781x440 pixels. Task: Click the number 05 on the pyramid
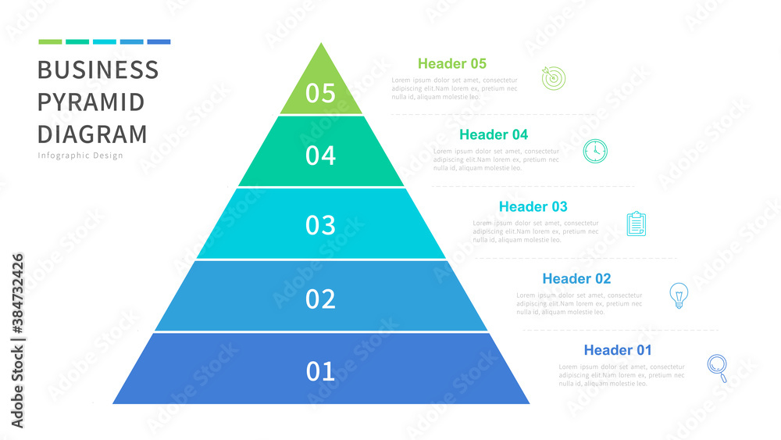(x=320, y=94)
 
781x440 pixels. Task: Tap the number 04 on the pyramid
(x=320, y=156)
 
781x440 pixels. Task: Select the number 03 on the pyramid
(x=320, y=226)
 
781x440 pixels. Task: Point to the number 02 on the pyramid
(x=320, y=299)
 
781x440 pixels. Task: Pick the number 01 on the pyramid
(x=320, y=371)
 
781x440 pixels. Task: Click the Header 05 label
(x=452, y=63)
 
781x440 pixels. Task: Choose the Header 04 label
(x=494, y=134)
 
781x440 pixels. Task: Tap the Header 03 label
(x=533, y=206)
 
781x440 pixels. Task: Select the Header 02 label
(x=576, y=278)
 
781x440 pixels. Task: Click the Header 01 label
(x=618, y=350)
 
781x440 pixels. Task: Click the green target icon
(x=554, y=77)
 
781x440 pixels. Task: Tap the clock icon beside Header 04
(x=595, y=150)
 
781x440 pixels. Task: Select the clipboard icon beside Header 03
(x=637, y=224)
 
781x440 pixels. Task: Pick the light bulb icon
(x=679, y=295)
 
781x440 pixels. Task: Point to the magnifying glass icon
(x=717, y=367)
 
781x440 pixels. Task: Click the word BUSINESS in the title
(x=98, y=70)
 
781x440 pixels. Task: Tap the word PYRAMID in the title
(x=91, y=102)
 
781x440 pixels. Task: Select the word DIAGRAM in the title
(x=92, y=134)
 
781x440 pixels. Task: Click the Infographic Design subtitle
(x=80, y=156)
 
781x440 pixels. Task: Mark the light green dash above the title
(x=50, y=41)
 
